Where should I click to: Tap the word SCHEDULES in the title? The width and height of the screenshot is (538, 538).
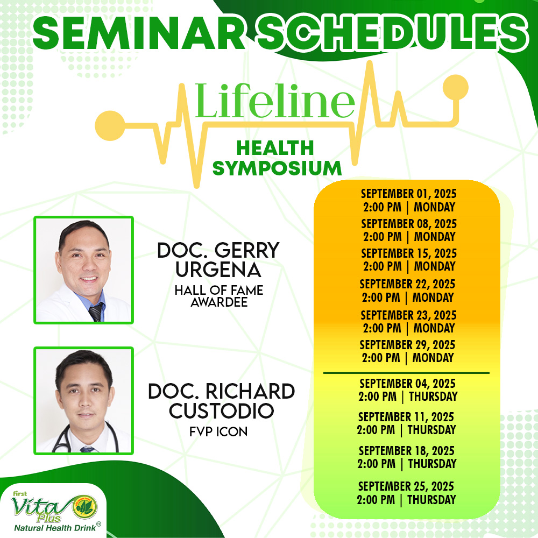pyautogui.click(x=392, y=33)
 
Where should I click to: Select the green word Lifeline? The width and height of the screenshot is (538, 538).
pyautogui.click(x=275, y=101)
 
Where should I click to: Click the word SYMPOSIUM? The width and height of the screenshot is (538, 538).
pyautogui.click(x=277, y=168)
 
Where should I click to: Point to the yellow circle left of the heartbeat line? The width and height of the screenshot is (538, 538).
pyautogui.click(x=110, y=125)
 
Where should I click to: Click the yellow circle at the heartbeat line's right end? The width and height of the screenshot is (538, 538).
pyautogui.click(x=455, y=87)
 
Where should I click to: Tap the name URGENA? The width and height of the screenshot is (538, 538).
pyautogui.click(x=218, y=270)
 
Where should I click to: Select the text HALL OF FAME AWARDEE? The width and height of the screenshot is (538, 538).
pyautogui.click(x=219, y=296)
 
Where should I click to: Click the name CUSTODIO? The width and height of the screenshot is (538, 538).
pyautogui.click(x=221, y=410)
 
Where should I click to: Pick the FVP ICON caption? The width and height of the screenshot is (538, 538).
pyautogui.click(x=218, y=431)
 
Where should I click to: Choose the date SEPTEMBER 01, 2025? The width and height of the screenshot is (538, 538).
pyautogui.click(x=409, y=194)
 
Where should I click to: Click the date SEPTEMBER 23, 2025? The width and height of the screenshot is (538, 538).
pyautogui.click(x=408, y=315)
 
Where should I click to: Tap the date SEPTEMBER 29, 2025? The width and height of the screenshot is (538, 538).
pyautogui.click(x=407, y=344)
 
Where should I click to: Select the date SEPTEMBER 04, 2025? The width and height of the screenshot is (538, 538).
pyautogui.click(x=408, y=383)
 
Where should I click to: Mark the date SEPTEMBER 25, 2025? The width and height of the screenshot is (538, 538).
pyautogui.click(x=406, y=486)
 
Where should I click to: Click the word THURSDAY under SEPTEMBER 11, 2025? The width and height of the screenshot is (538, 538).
pyautogui.click(x=431, y=429)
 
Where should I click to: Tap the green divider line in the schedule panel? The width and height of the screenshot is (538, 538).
pyautogui.click(x=406, y=373)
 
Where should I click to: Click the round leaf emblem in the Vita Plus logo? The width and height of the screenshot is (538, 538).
pyautogui.click(x=84, y=507)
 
